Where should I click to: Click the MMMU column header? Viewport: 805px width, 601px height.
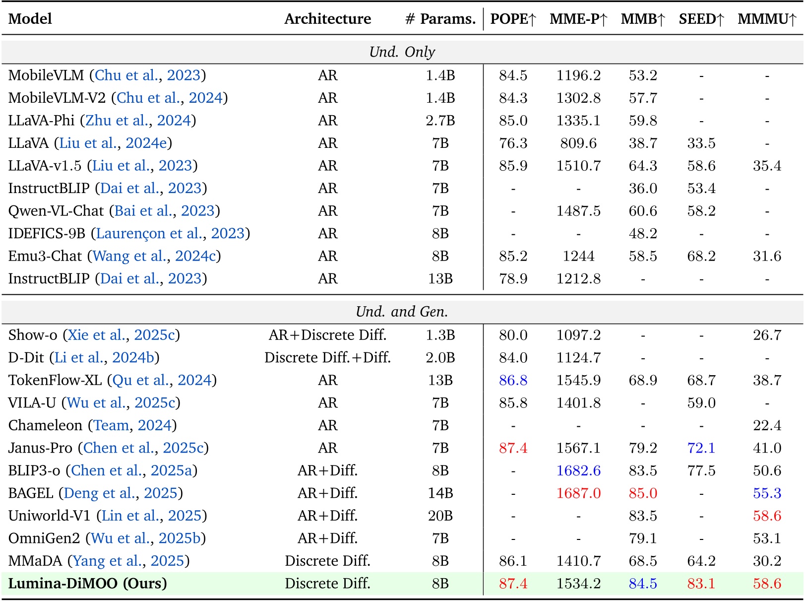point(766,19)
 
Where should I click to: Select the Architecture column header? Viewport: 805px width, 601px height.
point(327,19)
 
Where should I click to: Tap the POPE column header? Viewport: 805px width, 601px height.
point(513,19)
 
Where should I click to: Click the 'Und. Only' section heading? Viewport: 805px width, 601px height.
point(402,52)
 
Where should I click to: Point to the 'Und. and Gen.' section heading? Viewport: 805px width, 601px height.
point(402,312)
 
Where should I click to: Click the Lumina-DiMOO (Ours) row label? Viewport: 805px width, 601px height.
point(87,583)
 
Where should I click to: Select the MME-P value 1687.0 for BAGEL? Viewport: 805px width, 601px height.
point(578,493)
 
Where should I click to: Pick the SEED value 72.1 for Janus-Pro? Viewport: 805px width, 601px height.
point(701,448)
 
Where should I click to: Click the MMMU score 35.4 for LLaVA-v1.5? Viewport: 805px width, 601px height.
point(767,166)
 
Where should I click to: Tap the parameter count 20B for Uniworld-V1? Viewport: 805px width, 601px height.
point(440,516)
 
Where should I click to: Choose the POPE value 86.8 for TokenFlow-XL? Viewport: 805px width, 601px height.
point(513,380)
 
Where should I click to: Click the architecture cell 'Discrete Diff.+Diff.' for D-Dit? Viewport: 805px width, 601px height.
point(327,357)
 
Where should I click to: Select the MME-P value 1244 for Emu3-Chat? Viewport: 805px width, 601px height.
point(578,256)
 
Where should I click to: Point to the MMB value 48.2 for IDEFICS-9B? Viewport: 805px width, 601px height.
point(643,233)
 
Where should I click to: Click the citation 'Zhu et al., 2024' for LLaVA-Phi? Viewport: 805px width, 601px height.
point(138,121)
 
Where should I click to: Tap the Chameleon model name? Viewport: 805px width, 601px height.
point(45,425)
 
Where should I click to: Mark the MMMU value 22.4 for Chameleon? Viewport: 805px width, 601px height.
point(767,425)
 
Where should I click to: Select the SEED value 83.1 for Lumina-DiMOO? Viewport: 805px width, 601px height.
point(701,583)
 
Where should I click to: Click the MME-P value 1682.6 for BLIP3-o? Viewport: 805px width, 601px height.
point(578,470)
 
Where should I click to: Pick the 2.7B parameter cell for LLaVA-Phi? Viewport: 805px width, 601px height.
point(440,121)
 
